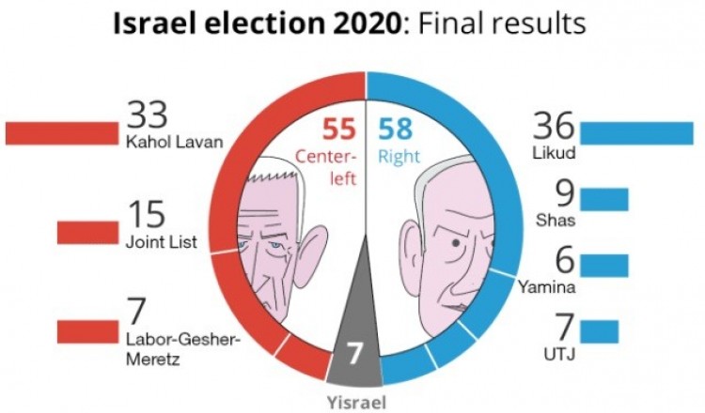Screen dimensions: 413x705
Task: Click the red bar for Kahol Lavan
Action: (59, 133)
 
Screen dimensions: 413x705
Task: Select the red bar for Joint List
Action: (87, 232)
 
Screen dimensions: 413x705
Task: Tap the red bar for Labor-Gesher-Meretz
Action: (87, 332)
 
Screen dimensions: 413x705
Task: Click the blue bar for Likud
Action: (636, 133)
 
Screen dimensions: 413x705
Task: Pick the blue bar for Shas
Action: (603, 200)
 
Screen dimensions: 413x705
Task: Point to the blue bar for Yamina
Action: (603, 265)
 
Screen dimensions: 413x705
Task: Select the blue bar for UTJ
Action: (599, 331)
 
